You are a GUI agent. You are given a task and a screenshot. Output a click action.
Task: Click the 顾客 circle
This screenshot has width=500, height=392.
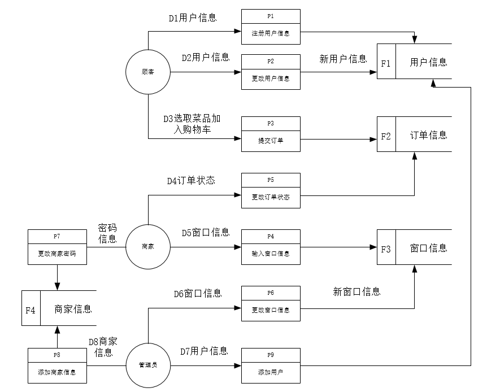[148, 72]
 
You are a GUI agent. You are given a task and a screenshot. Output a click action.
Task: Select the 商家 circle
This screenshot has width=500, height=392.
[148, 246]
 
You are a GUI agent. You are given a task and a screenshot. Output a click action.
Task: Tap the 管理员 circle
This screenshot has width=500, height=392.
[148, 365]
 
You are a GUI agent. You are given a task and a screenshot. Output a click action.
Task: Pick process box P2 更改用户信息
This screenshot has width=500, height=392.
[271, 72]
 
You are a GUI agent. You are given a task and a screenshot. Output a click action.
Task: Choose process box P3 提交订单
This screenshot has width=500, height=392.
[271, 134]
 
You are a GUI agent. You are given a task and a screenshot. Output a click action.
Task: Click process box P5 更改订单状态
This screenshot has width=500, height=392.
[271, 190]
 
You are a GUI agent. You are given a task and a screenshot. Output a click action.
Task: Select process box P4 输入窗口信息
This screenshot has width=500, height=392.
[271, 247]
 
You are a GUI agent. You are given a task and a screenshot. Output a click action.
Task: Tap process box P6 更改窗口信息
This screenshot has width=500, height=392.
[271, 303]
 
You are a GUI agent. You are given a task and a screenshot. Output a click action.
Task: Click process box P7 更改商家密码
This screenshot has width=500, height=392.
[57, 247]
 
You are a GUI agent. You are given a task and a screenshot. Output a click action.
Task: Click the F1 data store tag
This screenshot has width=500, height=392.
[386, 63]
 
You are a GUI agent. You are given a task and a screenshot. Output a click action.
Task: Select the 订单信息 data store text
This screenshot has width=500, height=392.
[428, 135]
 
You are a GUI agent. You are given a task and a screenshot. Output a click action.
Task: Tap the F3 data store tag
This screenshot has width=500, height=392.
[386, 249]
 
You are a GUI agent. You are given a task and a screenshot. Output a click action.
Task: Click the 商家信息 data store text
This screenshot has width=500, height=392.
[73, 309]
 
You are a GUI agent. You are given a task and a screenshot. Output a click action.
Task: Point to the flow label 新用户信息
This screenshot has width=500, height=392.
[343, 59]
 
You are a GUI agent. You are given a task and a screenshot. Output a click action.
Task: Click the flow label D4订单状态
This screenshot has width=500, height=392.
[190, 181]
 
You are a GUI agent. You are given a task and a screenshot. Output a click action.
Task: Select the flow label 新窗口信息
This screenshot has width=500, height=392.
[356, 291]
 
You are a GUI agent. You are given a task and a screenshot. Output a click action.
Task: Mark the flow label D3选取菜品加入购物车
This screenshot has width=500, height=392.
[193, 124]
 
